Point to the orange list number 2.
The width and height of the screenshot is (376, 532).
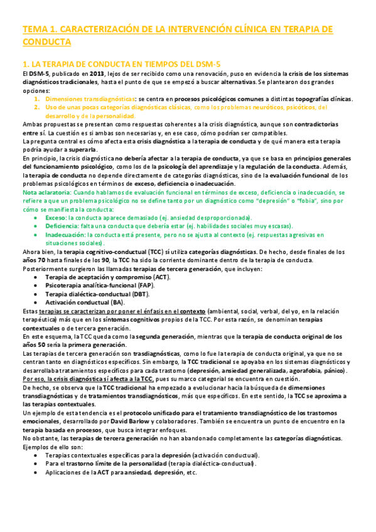(x=37, y=107)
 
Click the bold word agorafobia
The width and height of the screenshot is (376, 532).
(x=305, y=370)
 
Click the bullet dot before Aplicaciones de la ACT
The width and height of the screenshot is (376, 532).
(x=38, y=472)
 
